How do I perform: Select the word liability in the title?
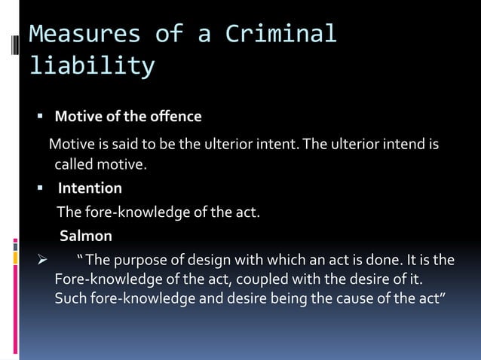[91, 66]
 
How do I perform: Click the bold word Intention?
[90, 188]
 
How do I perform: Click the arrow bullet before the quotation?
[43, 261]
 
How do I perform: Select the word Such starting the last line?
[71, 298]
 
